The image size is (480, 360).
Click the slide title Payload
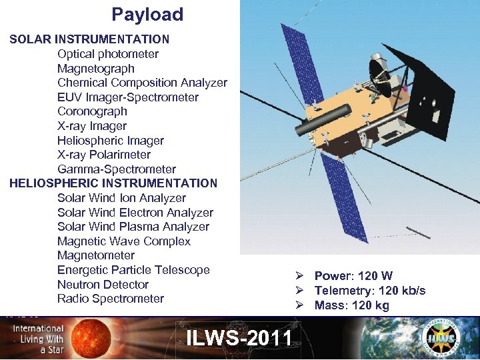[147, 15]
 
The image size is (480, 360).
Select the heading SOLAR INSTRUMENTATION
[89, 39]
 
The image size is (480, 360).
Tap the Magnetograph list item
[96, 69]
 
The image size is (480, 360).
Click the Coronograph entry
[92, 111]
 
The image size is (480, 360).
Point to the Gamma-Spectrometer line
[117, 169]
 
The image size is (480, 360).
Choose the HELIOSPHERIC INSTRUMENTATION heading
[113, 183]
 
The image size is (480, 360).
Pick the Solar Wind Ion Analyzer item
[121, 198]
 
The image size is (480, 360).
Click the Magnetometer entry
[96, 255]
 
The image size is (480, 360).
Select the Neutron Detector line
[103, 285]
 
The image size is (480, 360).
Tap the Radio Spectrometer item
[111, 299]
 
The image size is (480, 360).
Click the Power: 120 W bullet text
[353, 276]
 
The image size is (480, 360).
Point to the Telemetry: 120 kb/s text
[369, 291]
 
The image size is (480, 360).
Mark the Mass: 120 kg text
[351, 305]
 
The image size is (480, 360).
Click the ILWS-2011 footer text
[239, 337]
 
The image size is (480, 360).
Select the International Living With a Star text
[37, 339]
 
